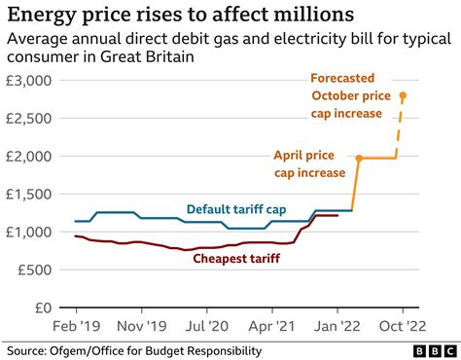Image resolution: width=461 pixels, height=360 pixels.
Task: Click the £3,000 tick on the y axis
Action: pos(33,81)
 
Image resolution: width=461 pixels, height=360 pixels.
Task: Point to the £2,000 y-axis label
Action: pos(33,157)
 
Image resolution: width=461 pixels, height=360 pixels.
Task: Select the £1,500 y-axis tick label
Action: pos(33,194)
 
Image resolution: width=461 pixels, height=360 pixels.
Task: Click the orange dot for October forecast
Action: pos(404,95)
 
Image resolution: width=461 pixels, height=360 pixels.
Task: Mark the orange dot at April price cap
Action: pos(359,158)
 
